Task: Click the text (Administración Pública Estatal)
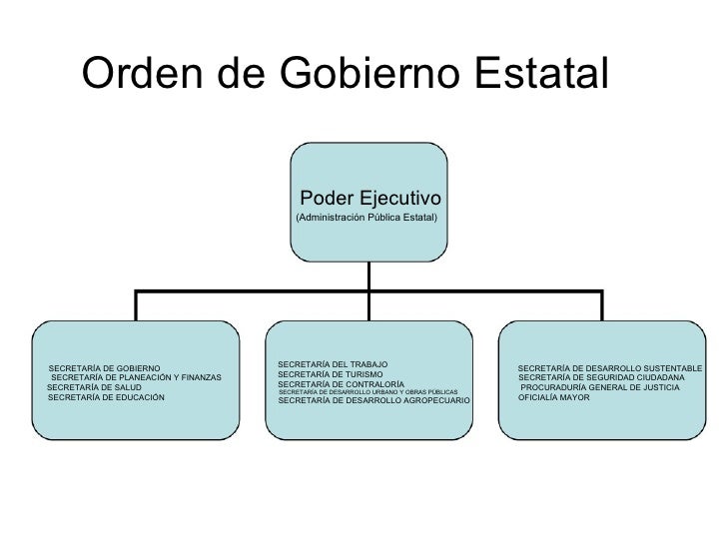(365, 217)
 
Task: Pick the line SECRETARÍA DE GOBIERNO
(103, 368)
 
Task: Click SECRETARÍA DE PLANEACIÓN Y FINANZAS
(136, 377)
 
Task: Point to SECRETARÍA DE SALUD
(94, 387)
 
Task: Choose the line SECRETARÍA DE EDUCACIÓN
(105, 397)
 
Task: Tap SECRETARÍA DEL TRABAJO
(333, 363)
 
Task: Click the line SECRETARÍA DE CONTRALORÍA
(341, 384)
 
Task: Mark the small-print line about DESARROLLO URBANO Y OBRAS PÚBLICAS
(367, 392)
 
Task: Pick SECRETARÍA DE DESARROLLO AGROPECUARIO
(373, 401)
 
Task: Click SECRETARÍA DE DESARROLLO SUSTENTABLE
(610, 369)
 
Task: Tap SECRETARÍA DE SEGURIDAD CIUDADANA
(601, 378)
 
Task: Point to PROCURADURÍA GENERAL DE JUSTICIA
(600, 387)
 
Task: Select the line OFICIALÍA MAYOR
(554, 397)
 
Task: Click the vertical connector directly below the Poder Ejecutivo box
(369, 273)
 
